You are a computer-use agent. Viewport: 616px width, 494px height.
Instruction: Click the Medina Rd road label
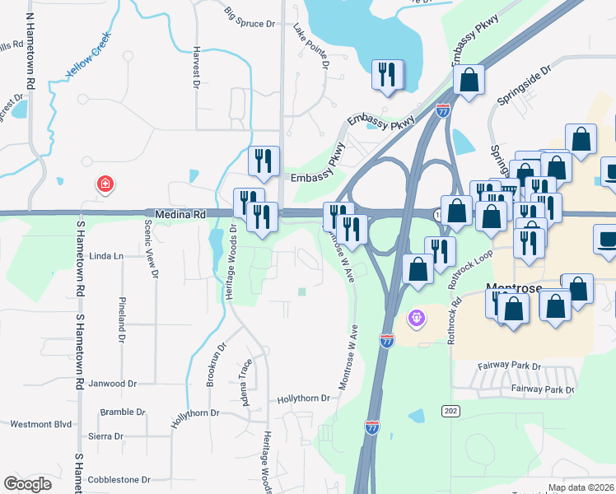point(175,212)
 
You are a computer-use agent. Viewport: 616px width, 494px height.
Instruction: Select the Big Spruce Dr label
point(249,17)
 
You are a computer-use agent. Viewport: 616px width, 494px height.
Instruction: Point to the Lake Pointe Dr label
point(310,46)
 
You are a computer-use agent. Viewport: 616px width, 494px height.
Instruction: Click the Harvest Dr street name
point(196,67)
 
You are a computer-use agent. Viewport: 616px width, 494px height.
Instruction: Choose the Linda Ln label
point(105,256)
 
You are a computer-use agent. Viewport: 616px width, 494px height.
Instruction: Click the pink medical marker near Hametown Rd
point(105,184)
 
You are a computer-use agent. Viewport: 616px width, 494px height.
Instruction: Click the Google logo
point(28,484)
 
